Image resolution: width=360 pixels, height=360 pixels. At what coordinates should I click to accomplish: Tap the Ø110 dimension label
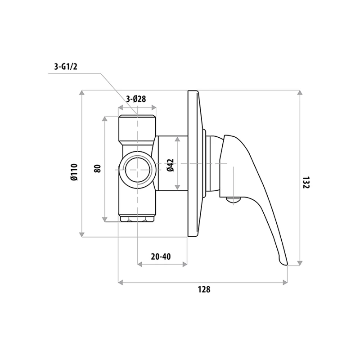pyautogui.click(x=74, y=172)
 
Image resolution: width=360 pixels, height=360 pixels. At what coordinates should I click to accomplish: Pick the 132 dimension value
pyautogui.click(x=306, y=182)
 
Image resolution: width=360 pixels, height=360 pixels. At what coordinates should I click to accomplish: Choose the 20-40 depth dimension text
pyautogui.click(x=161, y=257)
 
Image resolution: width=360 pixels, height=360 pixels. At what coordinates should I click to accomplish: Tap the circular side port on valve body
pyautogui.click(x=137, y=170)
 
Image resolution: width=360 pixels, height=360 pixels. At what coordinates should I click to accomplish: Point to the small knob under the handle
pyautogui.click(x=232, y=199)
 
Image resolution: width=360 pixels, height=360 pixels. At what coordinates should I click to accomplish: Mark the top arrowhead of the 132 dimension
pyautogui.click(x=300, y=93)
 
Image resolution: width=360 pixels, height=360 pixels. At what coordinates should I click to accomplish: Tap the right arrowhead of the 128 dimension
pyautogui.click(x=285, y=283)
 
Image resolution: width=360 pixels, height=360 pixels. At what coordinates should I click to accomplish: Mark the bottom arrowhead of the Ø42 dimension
pyautogui.click(x=179, y=186)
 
